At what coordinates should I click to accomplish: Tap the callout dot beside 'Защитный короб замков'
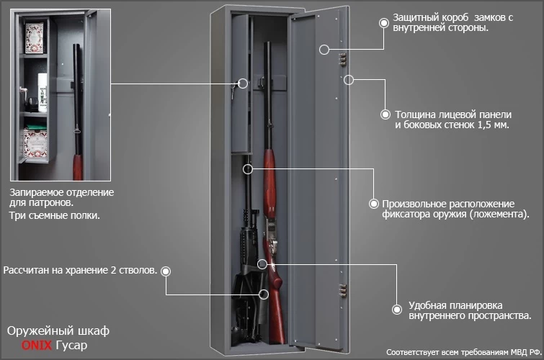point(383,22)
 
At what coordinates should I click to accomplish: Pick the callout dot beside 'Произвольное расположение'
point(373,204)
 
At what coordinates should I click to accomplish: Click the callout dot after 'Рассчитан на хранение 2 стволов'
point(166,271)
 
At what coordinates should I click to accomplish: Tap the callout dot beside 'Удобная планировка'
point(396,309)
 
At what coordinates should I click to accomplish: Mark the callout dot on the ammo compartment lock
point(242,84)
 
